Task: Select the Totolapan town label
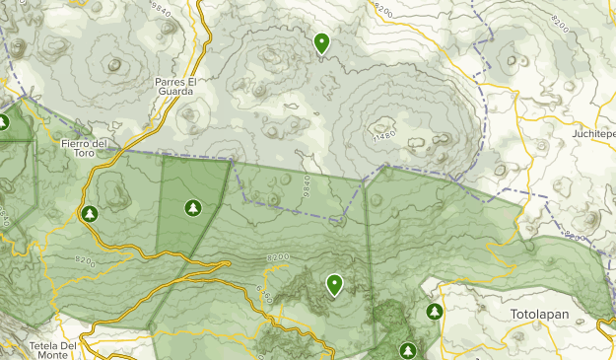point(541,316)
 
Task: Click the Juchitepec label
point(593,132)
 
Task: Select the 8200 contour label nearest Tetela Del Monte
point(86,262)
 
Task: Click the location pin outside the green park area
point(321,43)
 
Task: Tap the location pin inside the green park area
point(335,285)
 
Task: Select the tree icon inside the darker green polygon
point(193,207)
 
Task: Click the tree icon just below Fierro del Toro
point(90,213)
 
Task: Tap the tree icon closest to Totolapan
point(435,312)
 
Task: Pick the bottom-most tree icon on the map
point(408,350)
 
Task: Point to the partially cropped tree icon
point(3,123)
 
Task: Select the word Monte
point(55,356)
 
